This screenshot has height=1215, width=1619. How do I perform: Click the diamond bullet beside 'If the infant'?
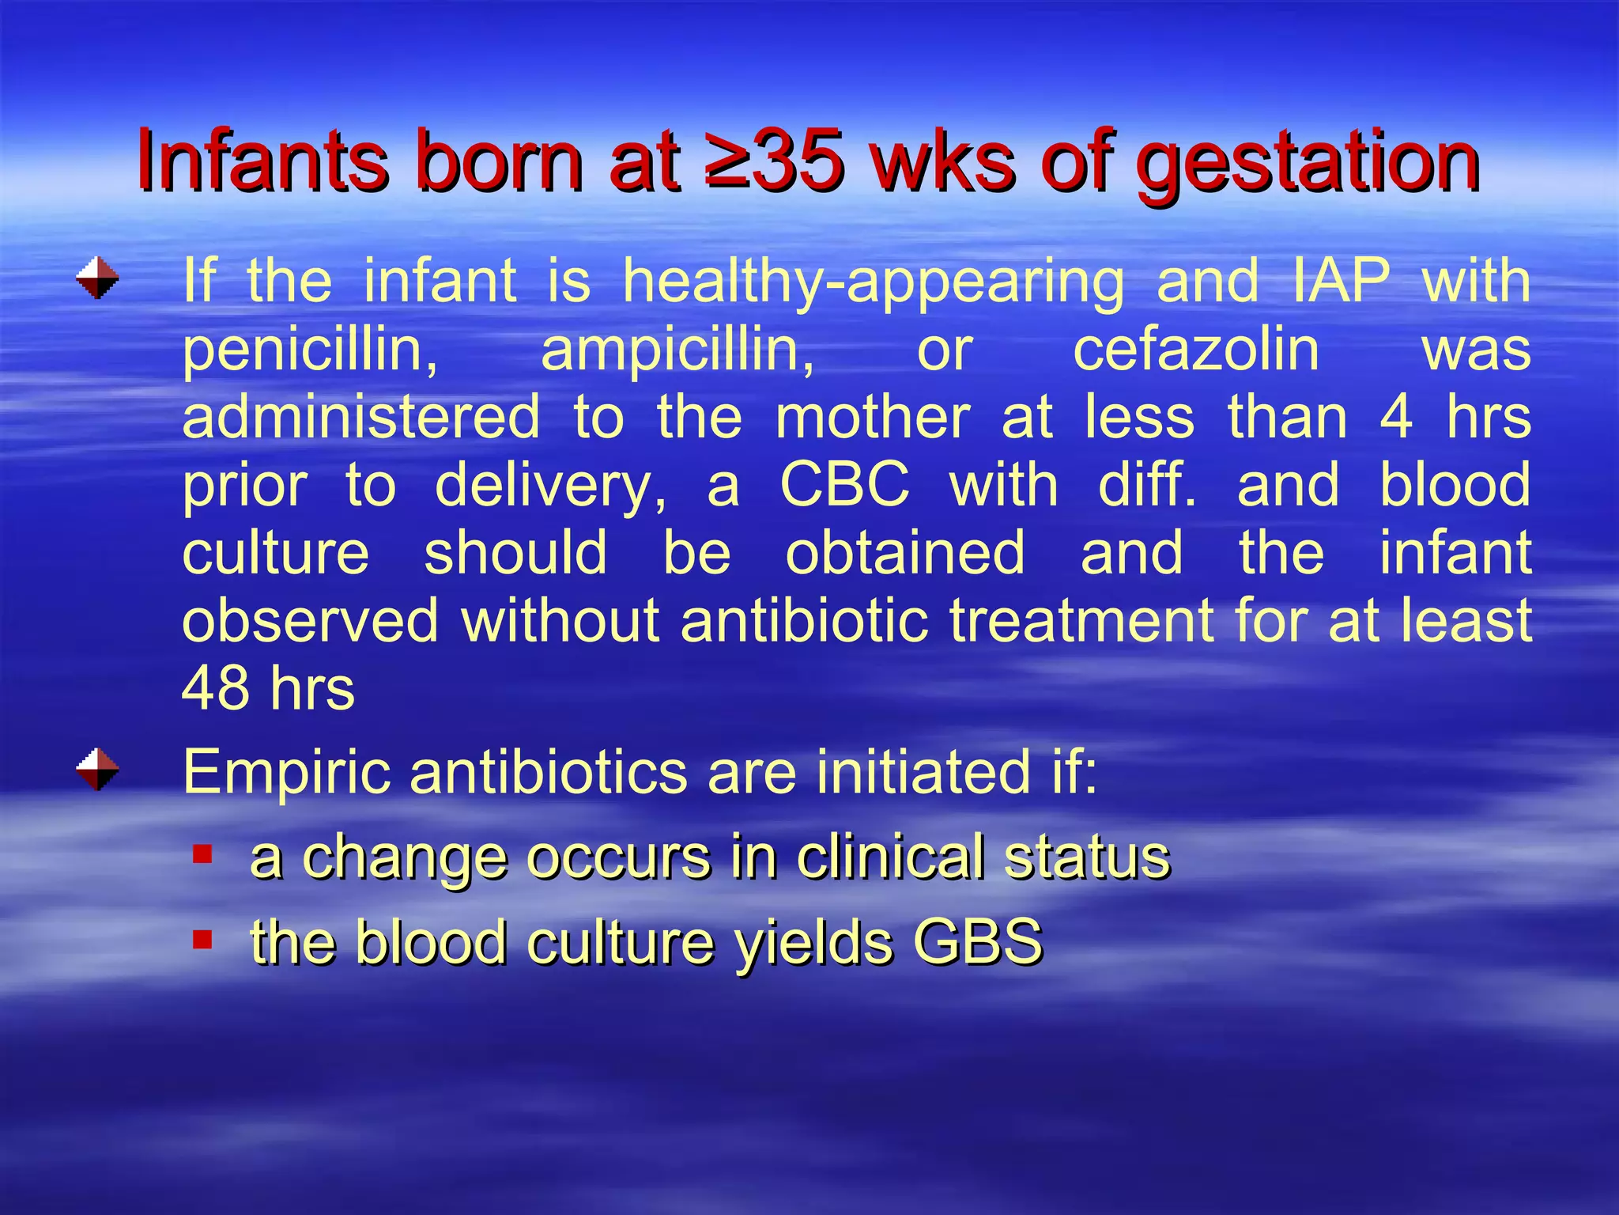coord(98,278)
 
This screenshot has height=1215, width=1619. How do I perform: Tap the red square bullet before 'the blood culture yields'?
coord(203,939)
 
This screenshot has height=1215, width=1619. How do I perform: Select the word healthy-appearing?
coord(873,283)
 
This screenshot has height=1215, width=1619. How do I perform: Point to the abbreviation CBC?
coord(844,484)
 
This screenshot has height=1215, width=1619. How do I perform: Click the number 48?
coord(214,688)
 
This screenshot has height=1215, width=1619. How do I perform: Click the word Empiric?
coord(286,774)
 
